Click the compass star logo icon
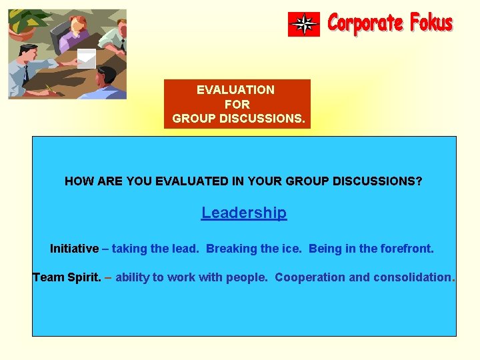[x=304, y=25]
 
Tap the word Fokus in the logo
[x=431, y=23]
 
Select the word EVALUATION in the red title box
[x=235, y=89]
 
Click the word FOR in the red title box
[x=237, y=105]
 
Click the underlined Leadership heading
[x=244, y=213]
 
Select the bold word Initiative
[x=74, y=249]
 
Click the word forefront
[x=407, y=249]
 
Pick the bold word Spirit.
[x=85, y=277]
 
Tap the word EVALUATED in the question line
[x=189, y=181]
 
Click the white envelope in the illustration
[x=87, y=58]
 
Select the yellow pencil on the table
[x=50, y=88]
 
